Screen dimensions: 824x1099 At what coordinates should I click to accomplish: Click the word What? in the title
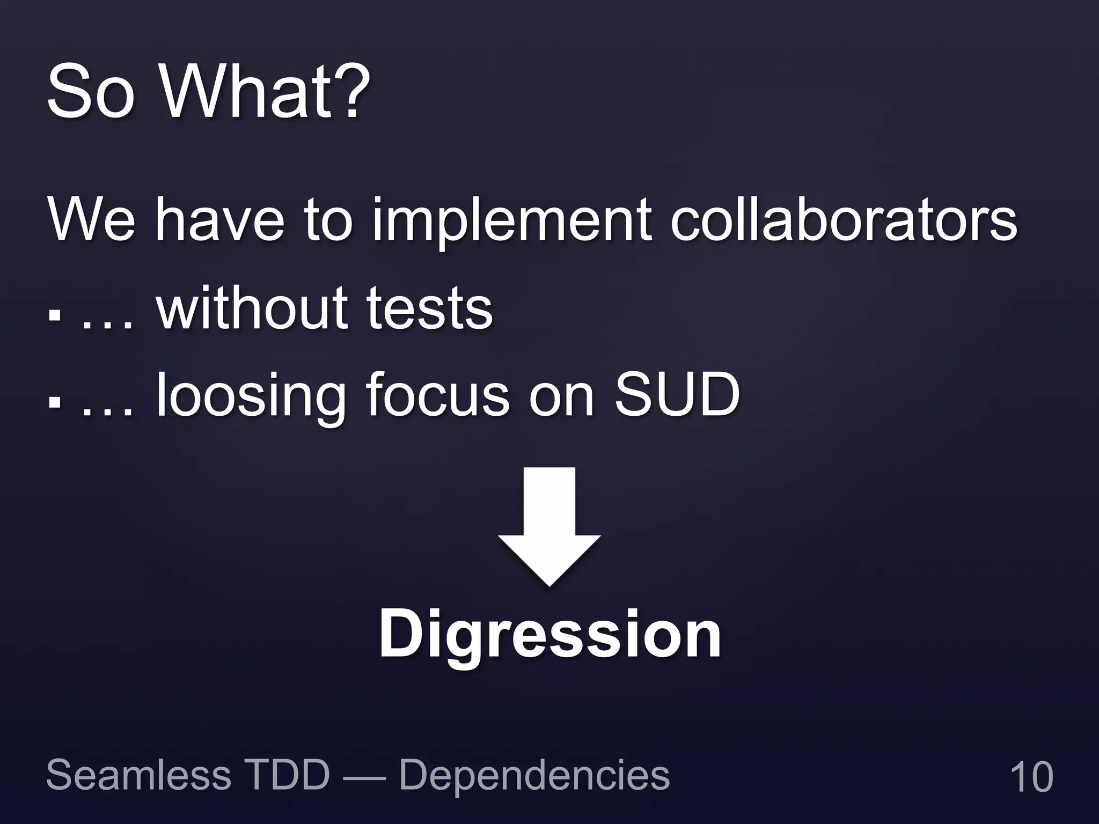pyautogui.click(x=266, y=92)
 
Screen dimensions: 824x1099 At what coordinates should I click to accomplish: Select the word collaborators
pyautogui.click(x=844, y=219)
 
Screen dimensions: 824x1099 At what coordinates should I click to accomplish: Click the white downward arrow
pyautogui.click(x=549, y=526)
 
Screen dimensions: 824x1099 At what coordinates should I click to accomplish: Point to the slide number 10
pyautogui.click(x=1031, y=776)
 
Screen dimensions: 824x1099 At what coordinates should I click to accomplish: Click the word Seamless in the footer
pyautogui.click(x=138, y=775)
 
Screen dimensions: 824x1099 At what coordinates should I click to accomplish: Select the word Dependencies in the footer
pyautogui.click(x=534, y=776)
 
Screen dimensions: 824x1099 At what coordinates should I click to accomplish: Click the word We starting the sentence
pyautogui.click(x=91, y=219)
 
